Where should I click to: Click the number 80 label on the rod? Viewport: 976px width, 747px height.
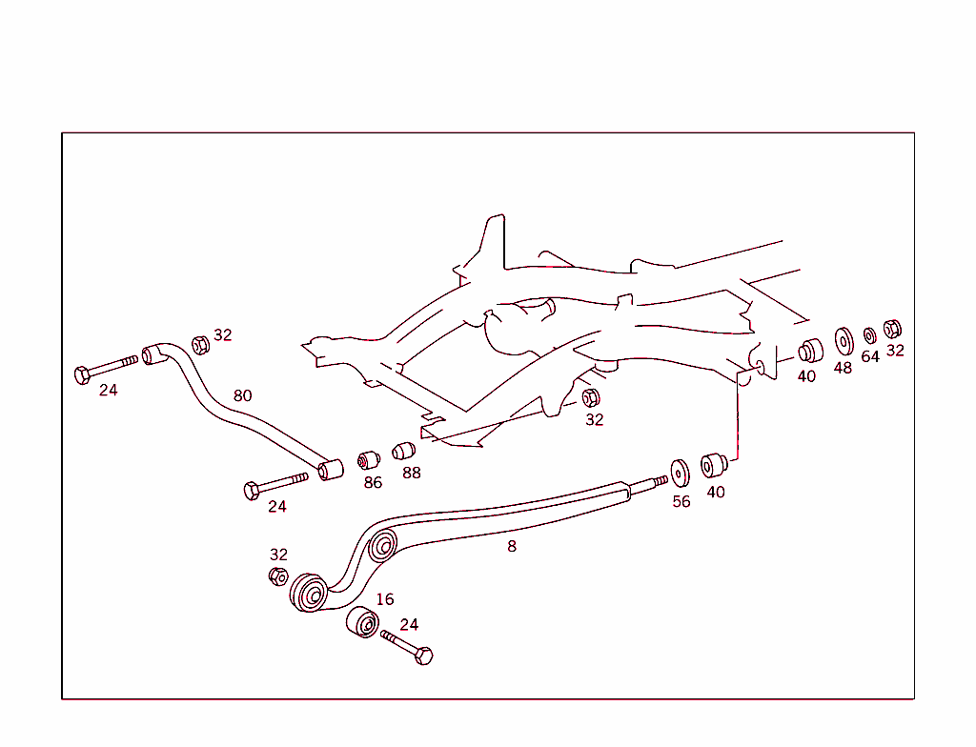coord(243,394)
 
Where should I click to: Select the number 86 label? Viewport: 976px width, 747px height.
coord(373,483)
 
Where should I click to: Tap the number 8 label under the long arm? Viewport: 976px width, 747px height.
coord(512,547)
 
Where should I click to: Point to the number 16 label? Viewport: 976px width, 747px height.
coord(385,599)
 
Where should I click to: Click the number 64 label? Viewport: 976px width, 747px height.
coord(870,356)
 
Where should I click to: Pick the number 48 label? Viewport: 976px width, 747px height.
coord(843,368)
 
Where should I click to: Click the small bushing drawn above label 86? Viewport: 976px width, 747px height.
coord(369,460)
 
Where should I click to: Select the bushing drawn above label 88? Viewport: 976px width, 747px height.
coord(405,450)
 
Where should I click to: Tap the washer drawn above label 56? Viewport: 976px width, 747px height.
coord(680,473)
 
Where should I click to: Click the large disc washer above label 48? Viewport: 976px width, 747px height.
coord(844,340)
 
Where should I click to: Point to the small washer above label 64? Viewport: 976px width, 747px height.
coord(869,335)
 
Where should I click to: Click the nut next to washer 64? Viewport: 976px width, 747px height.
coord(893,329)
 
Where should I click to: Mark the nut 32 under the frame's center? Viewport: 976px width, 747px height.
coord(590,397)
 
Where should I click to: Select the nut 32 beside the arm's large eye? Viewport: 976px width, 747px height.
coord(277,575)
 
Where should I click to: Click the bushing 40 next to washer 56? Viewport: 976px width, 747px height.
coord(714,467)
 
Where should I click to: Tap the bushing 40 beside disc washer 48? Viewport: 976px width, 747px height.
coord(809,351)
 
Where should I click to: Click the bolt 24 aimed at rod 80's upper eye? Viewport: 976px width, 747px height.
coord(106,368)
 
